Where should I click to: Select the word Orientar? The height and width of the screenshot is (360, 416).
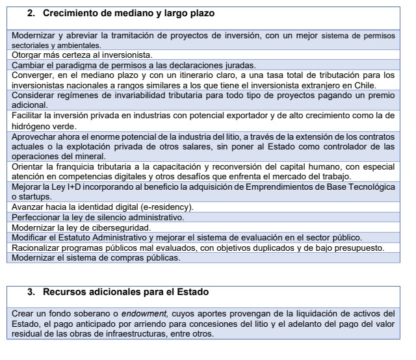click(30, 167)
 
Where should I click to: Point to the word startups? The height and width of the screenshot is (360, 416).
click(35, 197)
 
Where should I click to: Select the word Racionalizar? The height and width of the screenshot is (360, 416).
click(40, 248)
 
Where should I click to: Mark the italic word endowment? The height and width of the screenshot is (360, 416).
click(141, 314)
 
